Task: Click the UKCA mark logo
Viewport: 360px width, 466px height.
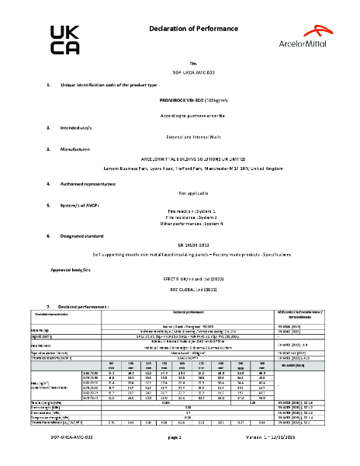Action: click(x=64, y=40)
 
